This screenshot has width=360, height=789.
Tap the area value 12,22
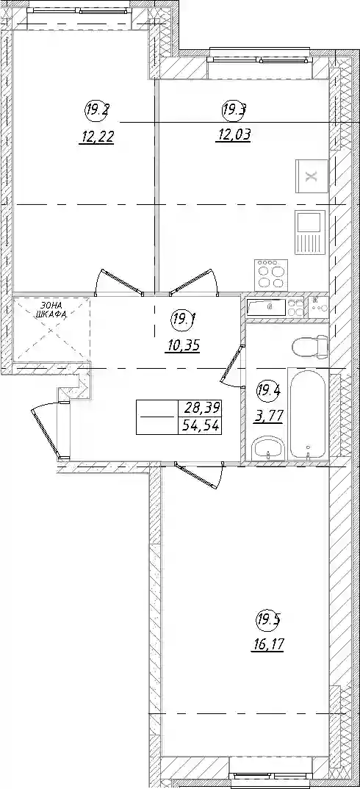click(96, 136)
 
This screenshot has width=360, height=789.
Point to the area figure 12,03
click(233, 135)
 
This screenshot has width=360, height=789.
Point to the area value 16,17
click(267, 644)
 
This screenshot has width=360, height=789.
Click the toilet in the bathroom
click(309, 346)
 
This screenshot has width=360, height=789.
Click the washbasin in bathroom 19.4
click(267, 448)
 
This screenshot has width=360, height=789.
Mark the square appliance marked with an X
click(312, 176)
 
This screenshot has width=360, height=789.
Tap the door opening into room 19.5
click(199, 475)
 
